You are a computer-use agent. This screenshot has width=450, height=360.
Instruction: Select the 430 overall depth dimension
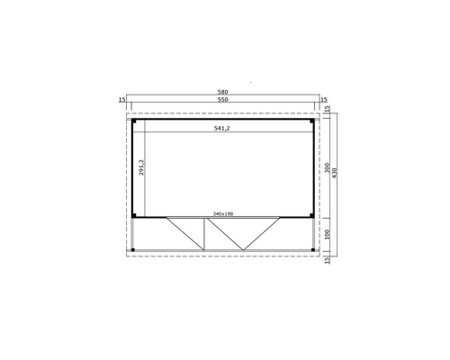(x=336, y=172)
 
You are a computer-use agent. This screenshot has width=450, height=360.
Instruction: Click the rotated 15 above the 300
(x=328, y=109)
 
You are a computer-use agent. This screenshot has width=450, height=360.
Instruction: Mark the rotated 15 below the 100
(x=328, y=258)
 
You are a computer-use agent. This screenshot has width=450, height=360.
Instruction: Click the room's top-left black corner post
(x=132, y=120)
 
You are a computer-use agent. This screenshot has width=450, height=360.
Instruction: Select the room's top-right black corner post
(x=312, y=120)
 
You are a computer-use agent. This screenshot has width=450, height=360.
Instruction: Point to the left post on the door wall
(x=132, y=216)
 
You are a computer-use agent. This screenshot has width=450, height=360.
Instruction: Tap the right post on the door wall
(x=312, y=216)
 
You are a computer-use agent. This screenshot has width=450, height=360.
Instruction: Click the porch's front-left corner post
(x=132, y=247)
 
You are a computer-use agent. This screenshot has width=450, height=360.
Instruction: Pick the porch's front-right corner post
(x=312, y=247)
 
